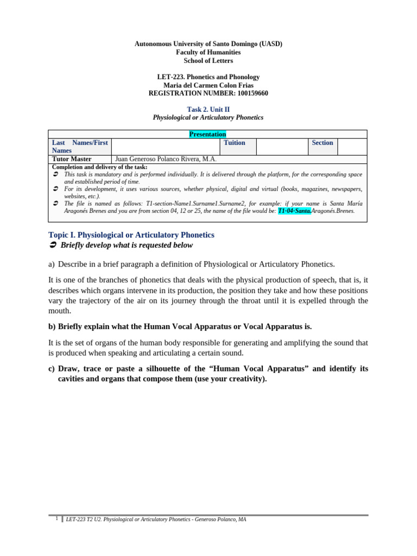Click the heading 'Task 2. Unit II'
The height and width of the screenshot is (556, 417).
[208, 109]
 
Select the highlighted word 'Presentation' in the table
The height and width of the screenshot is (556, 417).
[207, 134]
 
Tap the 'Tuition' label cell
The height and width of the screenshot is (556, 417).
[235, 143]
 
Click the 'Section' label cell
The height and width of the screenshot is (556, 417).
[322, 143]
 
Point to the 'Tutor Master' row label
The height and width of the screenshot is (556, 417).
[72, 159]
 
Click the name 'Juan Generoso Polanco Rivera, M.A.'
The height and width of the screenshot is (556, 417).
[166, 159]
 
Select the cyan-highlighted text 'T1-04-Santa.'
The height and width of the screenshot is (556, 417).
[294, 211]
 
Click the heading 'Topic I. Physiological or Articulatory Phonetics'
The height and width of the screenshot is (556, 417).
[131, 235]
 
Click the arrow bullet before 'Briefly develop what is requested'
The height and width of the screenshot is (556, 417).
[53, 245]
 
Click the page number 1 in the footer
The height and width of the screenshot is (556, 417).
[56, 519]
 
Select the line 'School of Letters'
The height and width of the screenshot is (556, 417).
[208, 61]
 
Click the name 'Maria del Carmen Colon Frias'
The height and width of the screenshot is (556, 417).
[208, 85]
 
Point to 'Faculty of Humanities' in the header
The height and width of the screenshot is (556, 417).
[208, 52]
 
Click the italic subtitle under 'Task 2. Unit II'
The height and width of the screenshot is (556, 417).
[208, 117]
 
